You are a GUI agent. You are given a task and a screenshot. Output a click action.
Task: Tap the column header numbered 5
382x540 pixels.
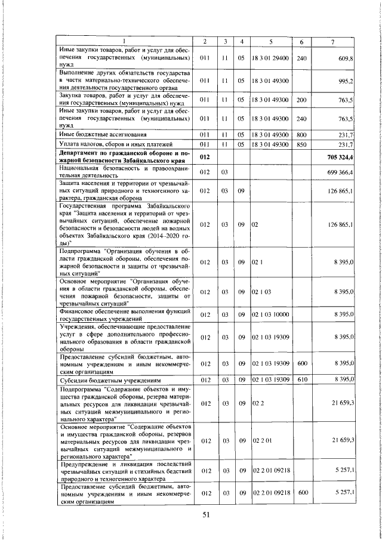coord(270,41)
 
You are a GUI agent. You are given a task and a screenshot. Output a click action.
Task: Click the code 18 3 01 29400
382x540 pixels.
coord(270,58)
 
